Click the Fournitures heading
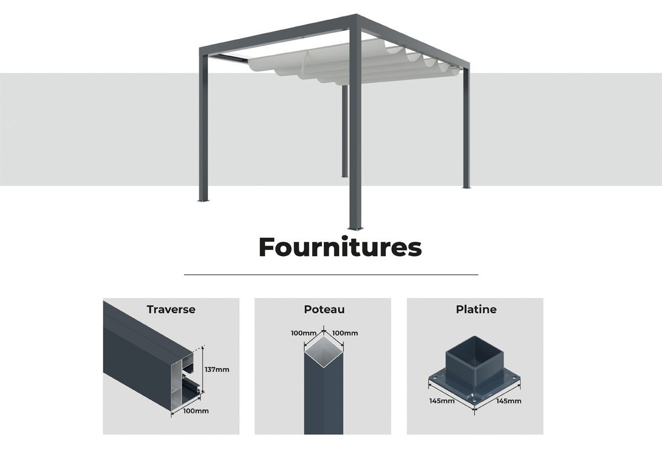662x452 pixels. pyautogui.click(x=340, y=247)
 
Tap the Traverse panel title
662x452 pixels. pyautogui.click(x=171, y=310)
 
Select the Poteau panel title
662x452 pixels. pyautogui.click(x=324, y=310)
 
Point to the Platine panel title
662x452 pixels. pyautogui.click(x=476, y=310)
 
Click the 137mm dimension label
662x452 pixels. pyautogui.click(x=217, y=370)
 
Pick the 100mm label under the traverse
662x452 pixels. pyautogui.click(x=196, y=411)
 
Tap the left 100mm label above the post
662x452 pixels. pyautogui.click(x=304, y=333)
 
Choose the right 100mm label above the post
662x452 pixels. pyautogui.click(x=345, y=333)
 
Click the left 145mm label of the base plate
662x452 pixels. pyautogui.click(x=442, y=401)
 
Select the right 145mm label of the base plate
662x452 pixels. pyautogui.click(x=509, y=401)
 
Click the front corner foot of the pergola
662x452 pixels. pyautogui.click(x=355, y=228)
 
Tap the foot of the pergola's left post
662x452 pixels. pyautogui.click(x=204, y=200)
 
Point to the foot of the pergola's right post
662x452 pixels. pyautogui.click(x=466, y=187)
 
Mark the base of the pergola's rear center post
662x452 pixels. pyautogui.click(x=345, y=177)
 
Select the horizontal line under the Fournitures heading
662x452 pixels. pyautogui.click(x=331, y=275)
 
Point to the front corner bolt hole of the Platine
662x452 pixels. pyautogui.click(x=474, y=401)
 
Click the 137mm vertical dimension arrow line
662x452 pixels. pyautogui.click(x=202, y=370)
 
